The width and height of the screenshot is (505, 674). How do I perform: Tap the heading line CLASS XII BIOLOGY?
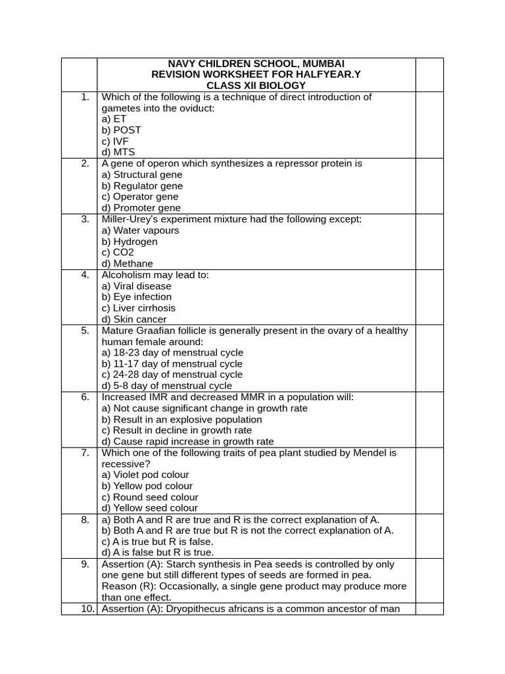tap(256, 86)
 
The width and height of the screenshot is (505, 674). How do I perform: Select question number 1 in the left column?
tap(85, 97)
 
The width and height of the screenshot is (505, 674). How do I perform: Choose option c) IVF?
tap(116, 141)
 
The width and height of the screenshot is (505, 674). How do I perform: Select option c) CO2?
tap(118, 253)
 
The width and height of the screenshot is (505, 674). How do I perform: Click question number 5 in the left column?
tap(85, 331)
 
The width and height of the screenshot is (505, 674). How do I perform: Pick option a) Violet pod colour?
tap(145, 475)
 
